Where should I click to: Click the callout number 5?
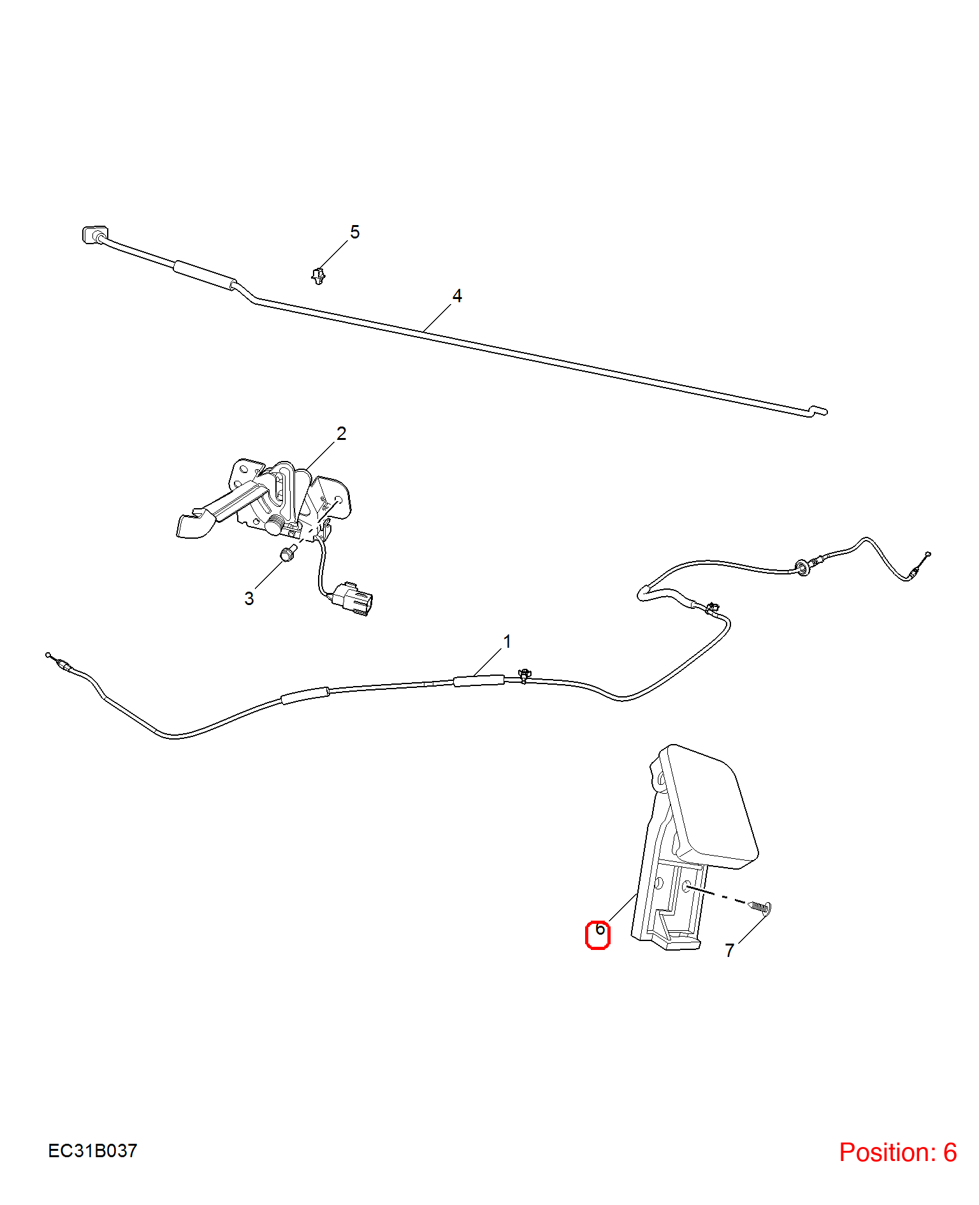355,232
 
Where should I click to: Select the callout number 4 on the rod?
457,296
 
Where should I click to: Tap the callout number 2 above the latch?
342,434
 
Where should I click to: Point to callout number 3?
249,599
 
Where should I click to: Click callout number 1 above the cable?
507,641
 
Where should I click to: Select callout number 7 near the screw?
730,951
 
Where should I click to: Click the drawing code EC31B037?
92,1151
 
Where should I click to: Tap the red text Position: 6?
898,1152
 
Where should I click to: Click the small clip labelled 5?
318,276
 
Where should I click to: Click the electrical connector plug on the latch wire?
352,599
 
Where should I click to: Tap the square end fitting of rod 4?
94,235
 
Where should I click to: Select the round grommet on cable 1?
802,567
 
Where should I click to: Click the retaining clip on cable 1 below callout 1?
525,675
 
